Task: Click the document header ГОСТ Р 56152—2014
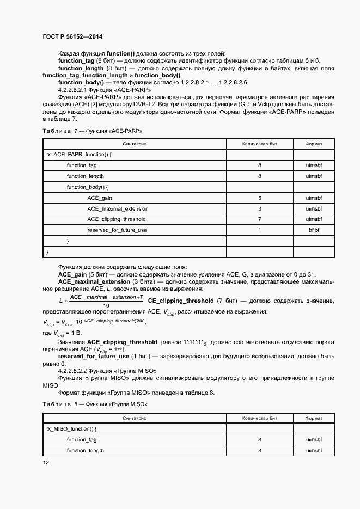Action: (72, 37)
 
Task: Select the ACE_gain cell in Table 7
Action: (100, 198)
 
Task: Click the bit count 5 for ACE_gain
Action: (260, 198)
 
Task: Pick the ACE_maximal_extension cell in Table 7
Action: (113, 208)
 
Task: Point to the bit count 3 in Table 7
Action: (260, 208)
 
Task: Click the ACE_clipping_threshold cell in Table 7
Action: (116, 219)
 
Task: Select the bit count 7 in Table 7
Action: (260, 219)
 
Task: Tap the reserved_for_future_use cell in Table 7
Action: (117, 230)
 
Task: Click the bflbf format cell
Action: (315, 230)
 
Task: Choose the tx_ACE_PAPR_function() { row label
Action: (78, 155)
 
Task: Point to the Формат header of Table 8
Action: (314, 418)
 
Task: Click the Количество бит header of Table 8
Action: (260, 418)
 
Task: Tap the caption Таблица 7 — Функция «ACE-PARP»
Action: (91, 131)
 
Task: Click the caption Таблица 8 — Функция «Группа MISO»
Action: (94, 405)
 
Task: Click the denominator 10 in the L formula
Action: (106, 305)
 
